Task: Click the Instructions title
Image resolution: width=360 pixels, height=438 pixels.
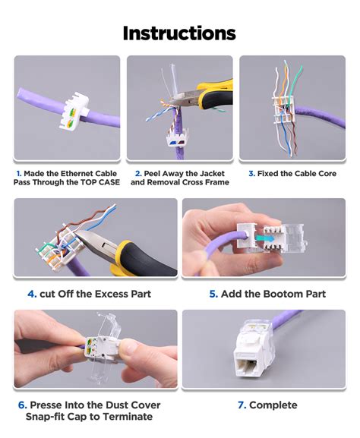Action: [x=179, y=33]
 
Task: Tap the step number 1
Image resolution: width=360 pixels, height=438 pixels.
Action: [x=17, y=172]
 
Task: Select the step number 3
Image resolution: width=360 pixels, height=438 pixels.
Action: [x=251, y=173]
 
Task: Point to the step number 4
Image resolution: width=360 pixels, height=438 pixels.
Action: [x=33, y=294]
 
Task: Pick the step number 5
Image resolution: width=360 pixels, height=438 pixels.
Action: [x=213, y=294]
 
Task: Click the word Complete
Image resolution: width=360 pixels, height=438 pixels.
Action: [x=273, y=405]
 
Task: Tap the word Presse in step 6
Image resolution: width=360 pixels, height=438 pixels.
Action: [x=46, y=405]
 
